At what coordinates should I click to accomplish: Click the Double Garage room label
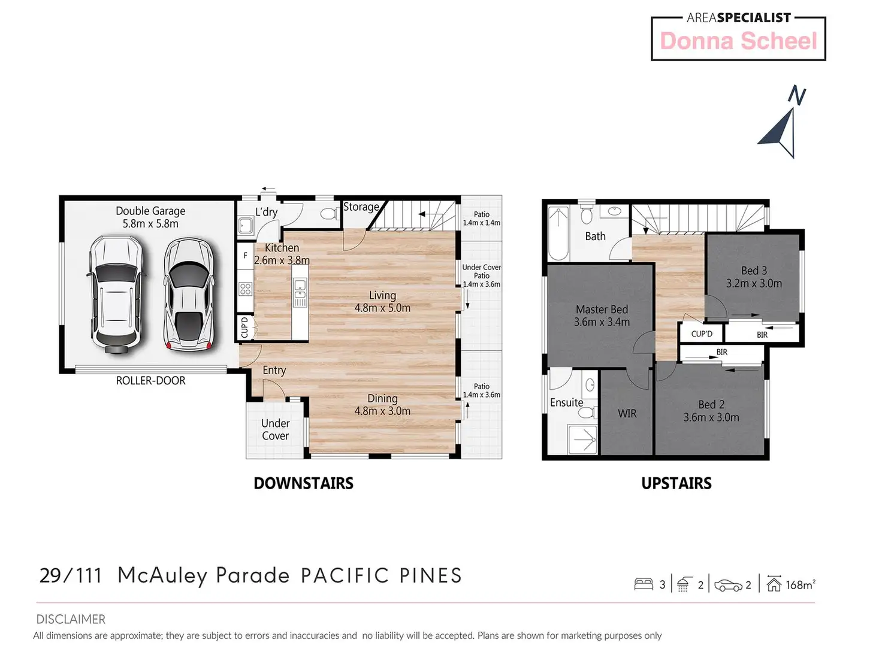coord(150,217)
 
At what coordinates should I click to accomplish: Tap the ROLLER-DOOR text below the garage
coord(150,380)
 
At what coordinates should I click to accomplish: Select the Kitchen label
coord(282,254)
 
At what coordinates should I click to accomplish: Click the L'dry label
coord(267,211)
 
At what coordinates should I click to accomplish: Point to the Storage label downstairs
coord(361,207)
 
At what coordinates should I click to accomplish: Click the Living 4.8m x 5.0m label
coord(382,302)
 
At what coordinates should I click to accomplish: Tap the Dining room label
coord(382,405)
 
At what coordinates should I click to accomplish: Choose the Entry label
coord(274,370)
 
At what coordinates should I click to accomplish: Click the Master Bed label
coord(602,316)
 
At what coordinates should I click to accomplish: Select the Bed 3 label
coord(754,277)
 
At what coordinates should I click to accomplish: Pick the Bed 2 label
coord(711,411)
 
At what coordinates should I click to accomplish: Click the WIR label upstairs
coord(627,413)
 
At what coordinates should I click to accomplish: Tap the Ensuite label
coord(567,402)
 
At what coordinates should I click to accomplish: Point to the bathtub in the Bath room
coord(558,233)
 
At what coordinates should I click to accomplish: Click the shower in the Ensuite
coord(582,439)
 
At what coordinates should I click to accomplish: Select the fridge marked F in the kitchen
coord(245,256)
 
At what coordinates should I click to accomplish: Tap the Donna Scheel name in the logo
coord(739,41)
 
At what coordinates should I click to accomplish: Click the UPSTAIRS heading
coord(676,483)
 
